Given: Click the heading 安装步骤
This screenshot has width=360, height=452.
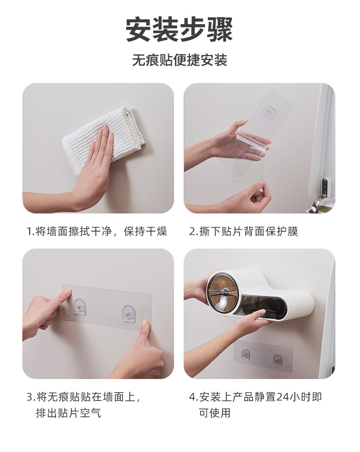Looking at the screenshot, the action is (x=179, y=30).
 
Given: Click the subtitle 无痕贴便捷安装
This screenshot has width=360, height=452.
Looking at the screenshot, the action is (x=180, y=60).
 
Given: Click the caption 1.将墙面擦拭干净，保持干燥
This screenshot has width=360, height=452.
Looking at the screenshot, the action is (x=97, y=231).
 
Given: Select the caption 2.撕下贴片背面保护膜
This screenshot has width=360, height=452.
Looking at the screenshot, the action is (x=244, y=231).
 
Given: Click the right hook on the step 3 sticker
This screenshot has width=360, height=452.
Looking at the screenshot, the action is (x=129, y=312).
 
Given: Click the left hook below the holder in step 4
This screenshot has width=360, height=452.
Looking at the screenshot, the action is (x=245, y=354).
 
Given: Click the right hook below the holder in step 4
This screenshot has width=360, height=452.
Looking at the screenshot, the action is (x=278, y=360).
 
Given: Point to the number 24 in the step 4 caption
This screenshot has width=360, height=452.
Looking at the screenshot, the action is (x=283, y=397).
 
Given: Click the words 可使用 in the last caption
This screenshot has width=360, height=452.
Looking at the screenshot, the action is (x=215, y=413).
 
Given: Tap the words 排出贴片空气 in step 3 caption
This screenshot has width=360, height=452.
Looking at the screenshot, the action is (x=68, y=413).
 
